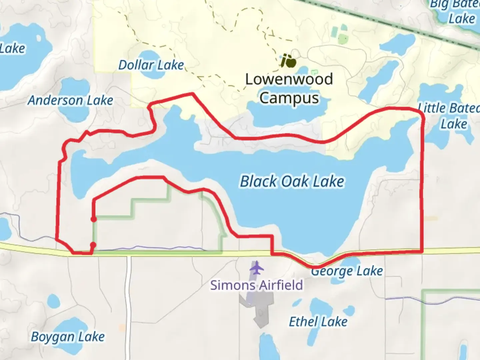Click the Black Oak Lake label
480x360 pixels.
[x=292, y=182]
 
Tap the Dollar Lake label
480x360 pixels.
[x=151, y=65]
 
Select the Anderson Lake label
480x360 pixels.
[x=70, y=100]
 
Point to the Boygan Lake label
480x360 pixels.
[x=68, y=337]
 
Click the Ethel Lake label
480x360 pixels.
[x=318, y=322]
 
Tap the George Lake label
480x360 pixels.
[x=347, y=271]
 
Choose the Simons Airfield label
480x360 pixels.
[x=256, y=285]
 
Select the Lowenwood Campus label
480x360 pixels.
[x=289, y=88]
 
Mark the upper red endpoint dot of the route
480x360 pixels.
[x=94, y=219]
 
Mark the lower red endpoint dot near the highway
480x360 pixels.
[x=93, y=245]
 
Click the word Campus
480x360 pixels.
[x=289, y=98]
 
